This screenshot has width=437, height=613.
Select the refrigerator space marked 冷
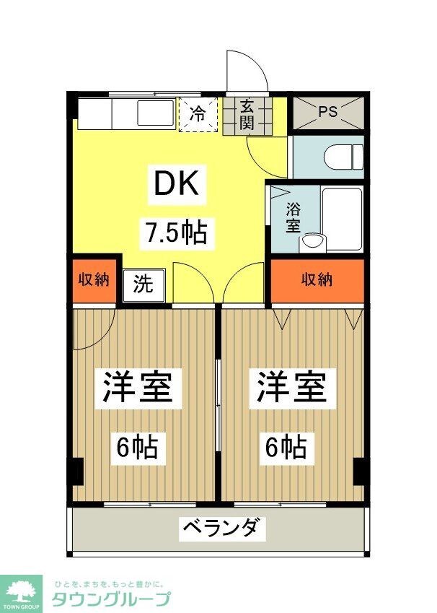[197, 114]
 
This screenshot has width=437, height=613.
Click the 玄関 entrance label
[247, 115]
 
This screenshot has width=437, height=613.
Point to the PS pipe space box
[328, 113]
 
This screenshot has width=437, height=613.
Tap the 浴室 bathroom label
[293, 217]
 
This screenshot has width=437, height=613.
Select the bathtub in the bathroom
[341, 218]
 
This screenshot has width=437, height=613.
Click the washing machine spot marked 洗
[144, 284]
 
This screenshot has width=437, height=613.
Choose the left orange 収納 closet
[94, 279]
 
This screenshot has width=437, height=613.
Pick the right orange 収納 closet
[318, 279]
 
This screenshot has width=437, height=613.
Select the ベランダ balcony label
[218, 529]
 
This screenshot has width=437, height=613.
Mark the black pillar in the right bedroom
[359, 472]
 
